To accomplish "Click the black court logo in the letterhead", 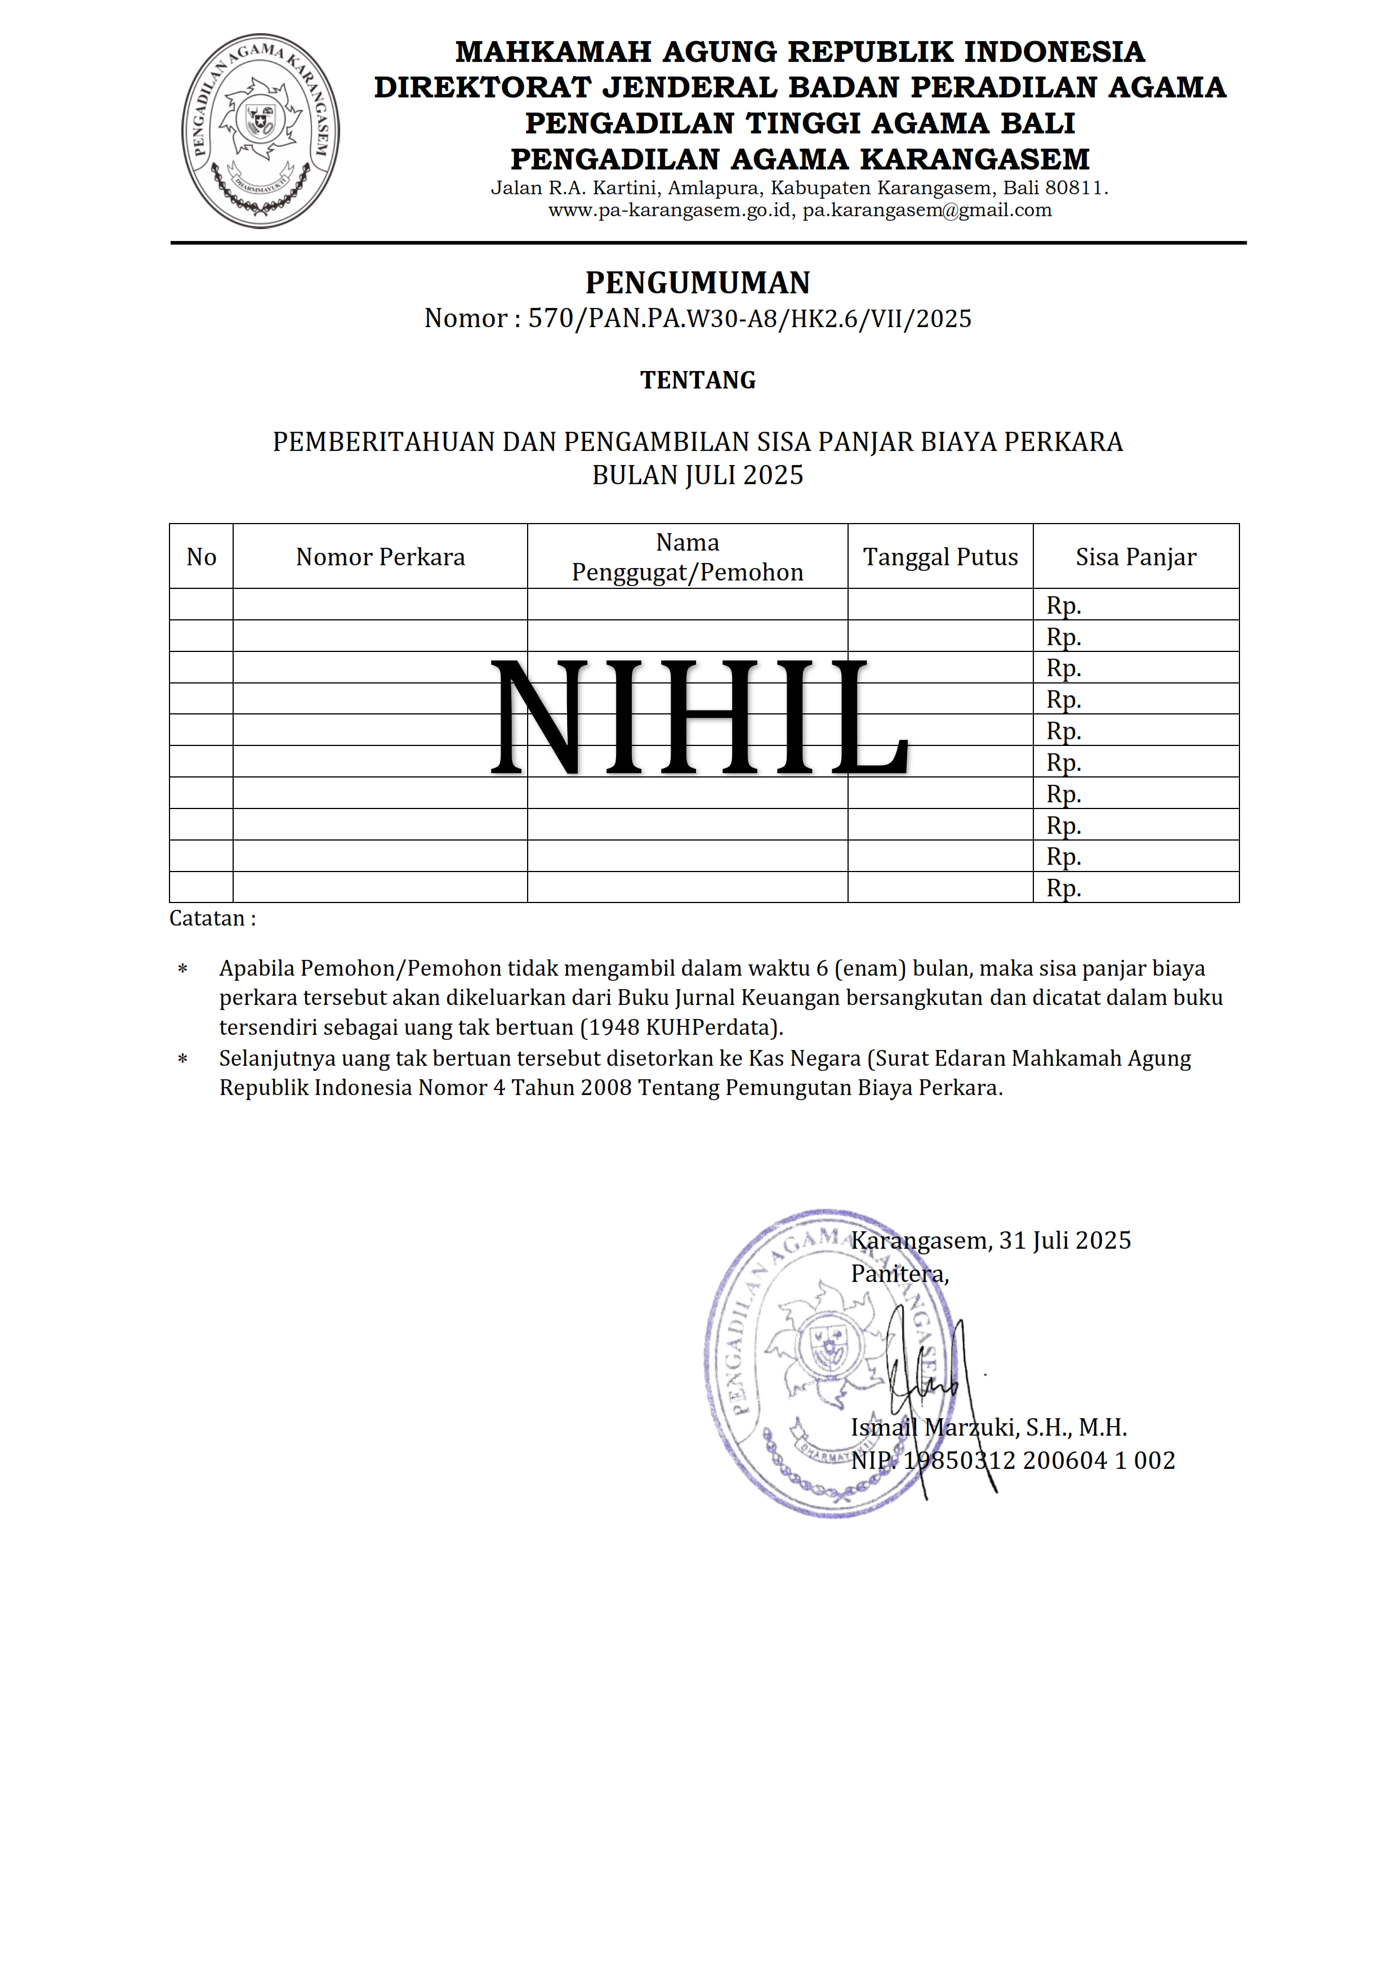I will coord(261,131).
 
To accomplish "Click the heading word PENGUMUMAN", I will coord(698,283).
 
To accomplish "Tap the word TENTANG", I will coord(698,380).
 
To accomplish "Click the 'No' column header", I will coord(201,557).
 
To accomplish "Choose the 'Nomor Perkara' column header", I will coord(380,557).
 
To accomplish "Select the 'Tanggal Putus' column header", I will coord(940,557).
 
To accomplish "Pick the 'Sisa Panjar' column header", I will coord(1135,557).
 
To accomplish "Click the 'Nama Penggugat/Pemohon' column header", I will coord(687,557).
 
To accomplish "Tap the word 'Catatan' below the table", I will coord(207,919).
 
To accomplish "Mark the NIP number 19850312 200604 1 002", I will coord(1038,1460).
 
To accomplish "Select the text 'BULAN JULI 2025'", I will coord(698,476).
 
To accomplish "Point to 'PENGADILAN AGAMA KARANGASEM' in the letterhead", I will coord(800,159).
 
